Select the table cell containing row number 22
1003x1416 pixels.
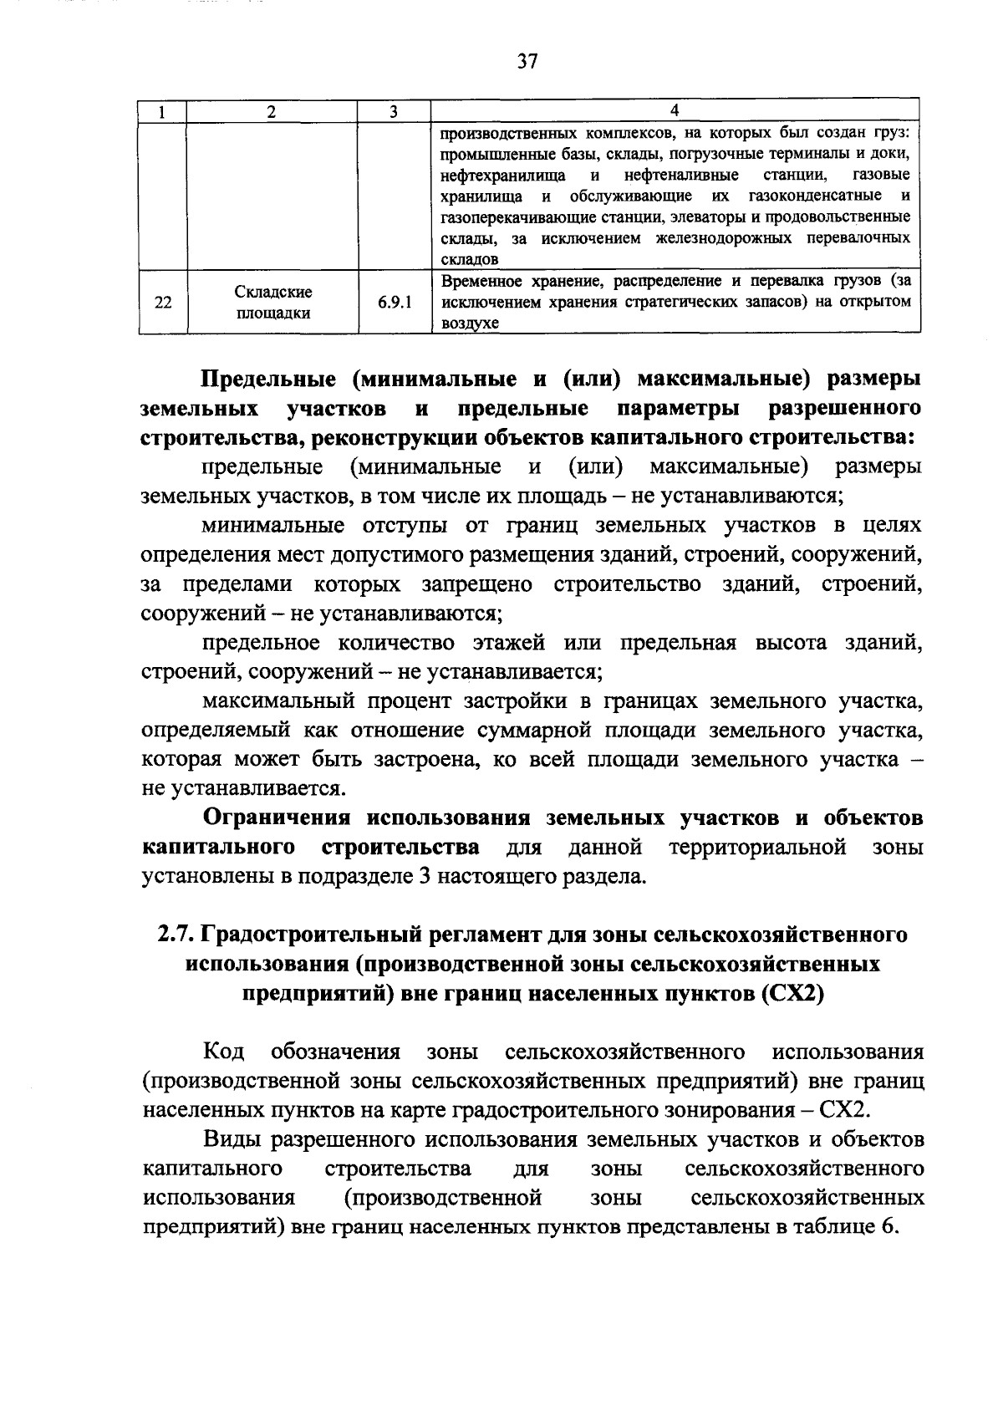tap(163, 303)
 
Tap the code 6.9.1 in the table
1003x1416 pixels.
tap(393, 303)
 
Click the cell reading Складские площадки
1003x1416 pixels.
tap(272, 303)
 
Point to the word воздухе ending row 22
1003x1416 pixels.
tap(469, 324)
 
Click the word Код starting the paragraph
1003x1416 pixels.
tap(223, 1052)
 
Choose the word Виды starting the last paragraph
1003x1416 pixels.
tap(227, 1139)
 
